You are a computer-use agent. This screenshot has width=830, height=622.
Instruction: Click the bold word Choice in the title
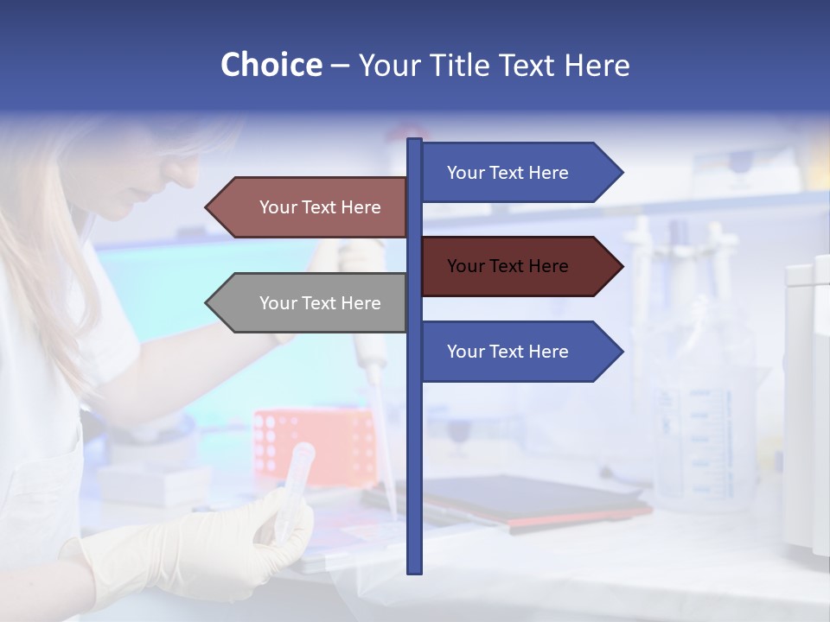click(x=271, y=65)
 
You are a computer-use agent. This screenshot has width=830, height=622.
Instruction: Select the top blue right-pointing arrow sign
click(x=519, y=173)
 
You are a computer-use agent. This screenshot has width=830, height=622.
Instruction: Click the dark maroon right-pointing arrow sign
click(x=519, y=266)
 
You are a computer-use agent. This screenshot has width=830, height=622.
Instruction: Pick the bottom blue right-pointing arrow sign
click(x=519, y=352)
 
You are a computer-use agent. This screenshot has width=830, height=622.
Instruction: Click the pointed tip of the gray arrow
click(x=208, y=303)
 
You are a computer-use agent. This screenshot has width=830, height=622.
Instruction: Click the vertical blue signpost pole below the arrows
click(x=414, y=475)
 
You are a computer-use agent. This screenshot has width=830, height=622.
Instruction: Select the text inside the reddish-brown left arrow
click(x=320, y=207)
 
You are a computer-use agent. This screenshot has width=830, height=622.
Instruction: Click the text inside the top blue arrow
click(x=508, y=173)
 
